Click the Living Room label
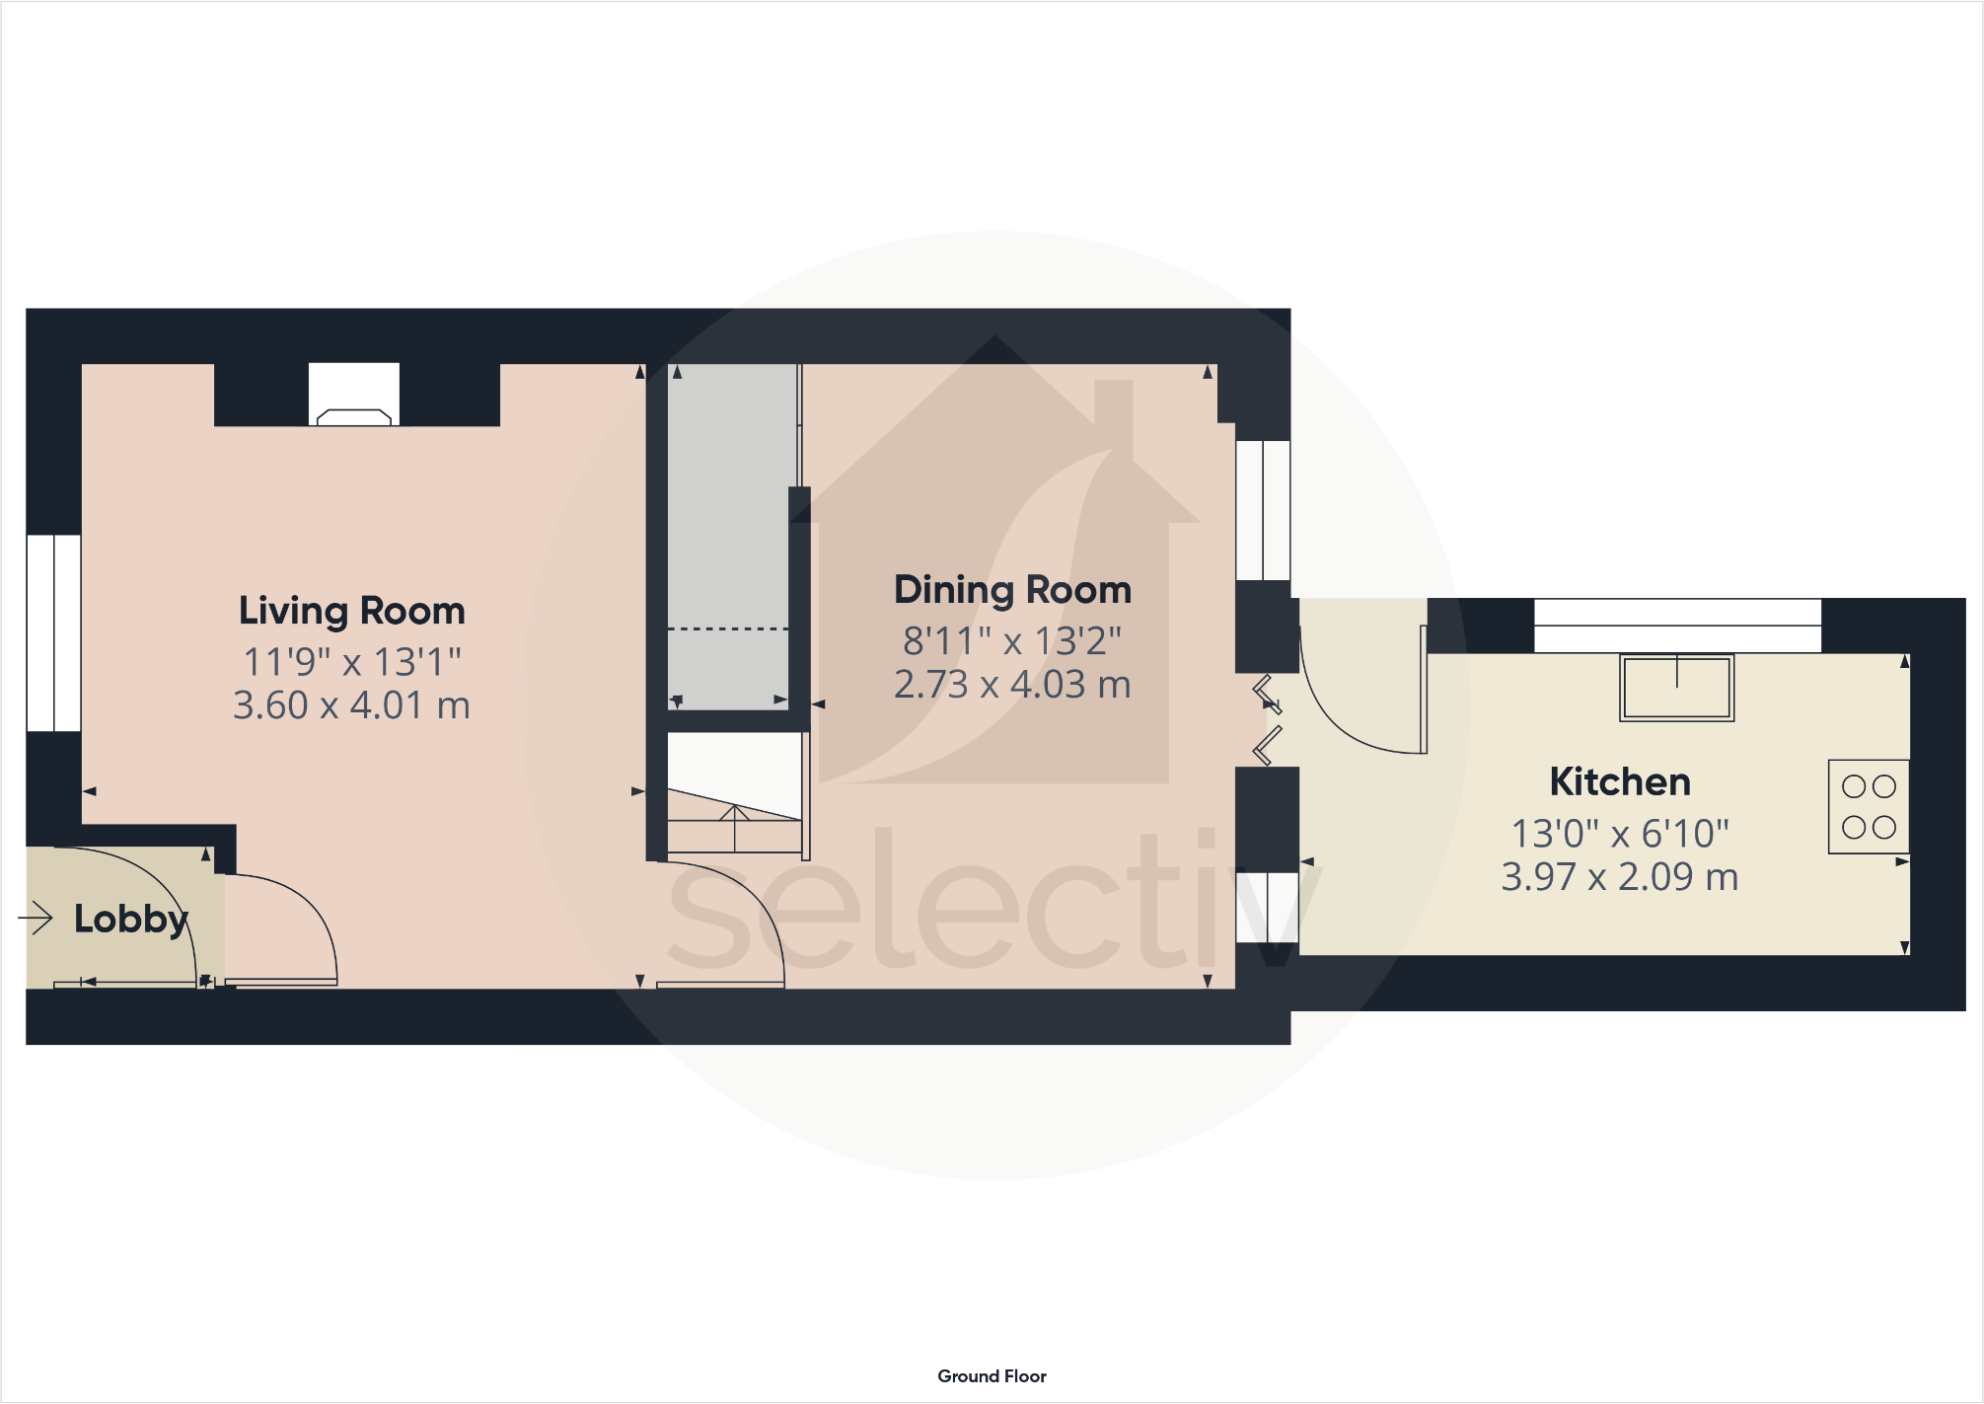click(x=351, y=611)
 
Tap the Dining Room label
click(x=1012, y=590)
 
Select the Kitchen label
click(x=1620, y=781)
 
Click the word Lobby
click(x=130, y=919)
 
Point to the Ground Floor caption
click(x=992, y=1375)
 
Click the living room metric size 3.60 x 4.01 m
click(x=351, y=705)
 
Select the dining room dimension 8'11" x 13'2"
click(x=1012, y=641)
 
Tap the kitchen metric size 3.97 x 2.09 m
click(x=1620, y=876)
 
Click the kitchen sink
click(x=1677, y=688)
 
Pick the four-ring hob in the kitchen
click(x=1869, y=807)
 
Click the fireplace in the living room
click(x=353, y=396)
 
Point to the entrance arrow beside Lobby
click(x=36, y=919)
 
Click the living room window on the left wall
click(x=53, y=632)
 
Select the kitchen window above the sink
click(x=1677, y=626)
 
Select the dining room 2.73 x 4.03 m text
click(x=1012, y=685)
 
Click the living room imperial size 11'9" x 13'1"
click(x=351, y=662)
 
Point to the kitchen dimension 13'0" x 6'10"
click(x=1620, y=834)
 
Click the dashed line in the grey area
click(x=728, y=628)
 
